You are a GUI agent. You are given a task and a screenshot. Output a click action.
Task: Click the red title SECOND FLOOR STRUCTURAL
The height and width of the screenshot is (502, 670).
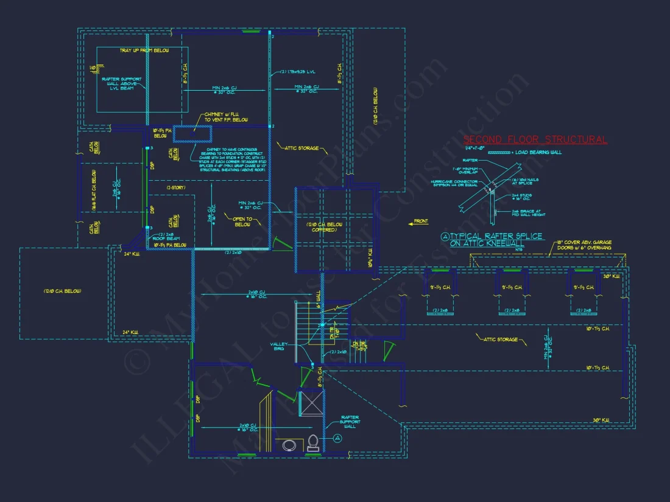coord(535,140)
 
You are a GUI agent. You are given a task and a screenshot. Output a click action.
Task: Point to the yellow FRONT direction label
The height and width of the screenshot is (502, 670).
coord(421,221)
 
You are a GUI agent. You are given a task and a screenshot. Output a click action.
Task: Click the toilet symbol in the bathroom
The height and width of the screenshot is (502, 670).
coord(313,444)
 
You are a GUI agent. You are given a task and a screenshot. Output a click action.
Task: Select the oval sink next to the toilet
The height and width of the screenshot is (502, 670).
coord(289,445)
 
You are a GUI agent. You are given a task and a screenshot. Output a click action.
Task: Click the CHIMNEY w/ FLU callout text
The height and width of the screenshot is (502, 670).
coord(225,117)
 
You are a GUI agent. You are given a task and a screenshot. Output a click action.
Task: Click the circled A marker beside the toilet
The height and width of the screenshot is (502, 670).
coord(337,438)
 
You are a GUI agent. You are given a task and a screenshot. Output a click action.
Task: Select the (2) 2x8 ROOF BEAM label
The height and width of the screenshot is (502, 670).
coord(167,237)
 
